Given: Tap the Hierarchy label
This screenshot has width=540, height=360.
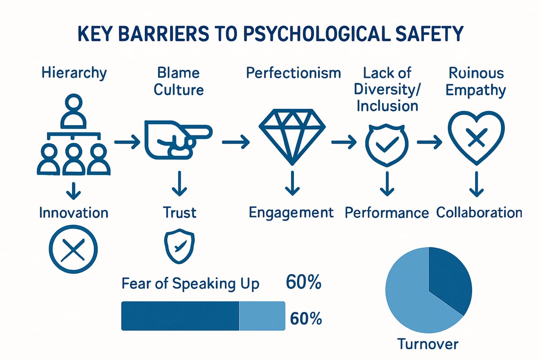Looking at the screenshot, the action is pos(74,73).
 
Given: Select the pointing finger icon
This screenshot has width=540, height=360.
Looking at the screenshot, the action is pos(178,140).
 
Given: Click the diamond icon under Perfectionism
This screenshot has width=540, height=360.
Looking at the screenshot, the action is pos(292,137).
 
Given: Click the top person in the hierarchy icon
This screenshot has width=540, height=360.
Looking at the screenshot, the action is pos(73,111).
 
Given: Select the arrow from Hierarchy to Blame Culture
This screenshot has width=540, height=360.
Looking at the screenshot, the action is pos(127,142).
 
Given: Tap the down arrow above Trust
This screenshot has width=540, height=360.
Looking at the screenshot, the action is pos(180,184).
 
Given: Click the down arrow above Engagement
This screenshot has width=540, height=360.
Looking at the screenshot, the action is pos(292,183).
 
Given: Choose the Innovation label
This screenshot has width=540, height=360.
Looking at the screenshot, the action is pos(74,213).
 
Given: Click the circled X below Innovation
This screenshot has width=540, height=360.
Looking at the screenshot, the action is pos(73,249).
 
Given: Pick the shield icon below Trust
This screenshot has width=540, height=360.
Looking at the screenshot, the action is pos(179,246).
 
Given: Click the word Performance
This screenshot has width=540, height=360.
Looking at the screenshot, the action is pos(387,213).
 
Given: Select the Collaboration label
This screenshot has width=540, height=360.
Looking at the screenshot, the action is pos(479,213).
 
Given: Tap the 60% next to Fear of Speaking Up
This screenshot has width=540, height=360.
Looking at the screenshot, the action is pos(303,282).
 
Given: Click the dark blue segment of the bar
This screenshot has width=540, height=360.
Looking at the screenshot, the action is pos(180,315).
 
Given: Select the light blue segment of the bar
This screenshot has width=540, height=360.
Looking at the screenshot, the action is pos(262,315).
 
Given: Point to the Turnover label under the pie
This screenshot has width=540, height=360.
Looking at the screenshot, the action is pos(427,344).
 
